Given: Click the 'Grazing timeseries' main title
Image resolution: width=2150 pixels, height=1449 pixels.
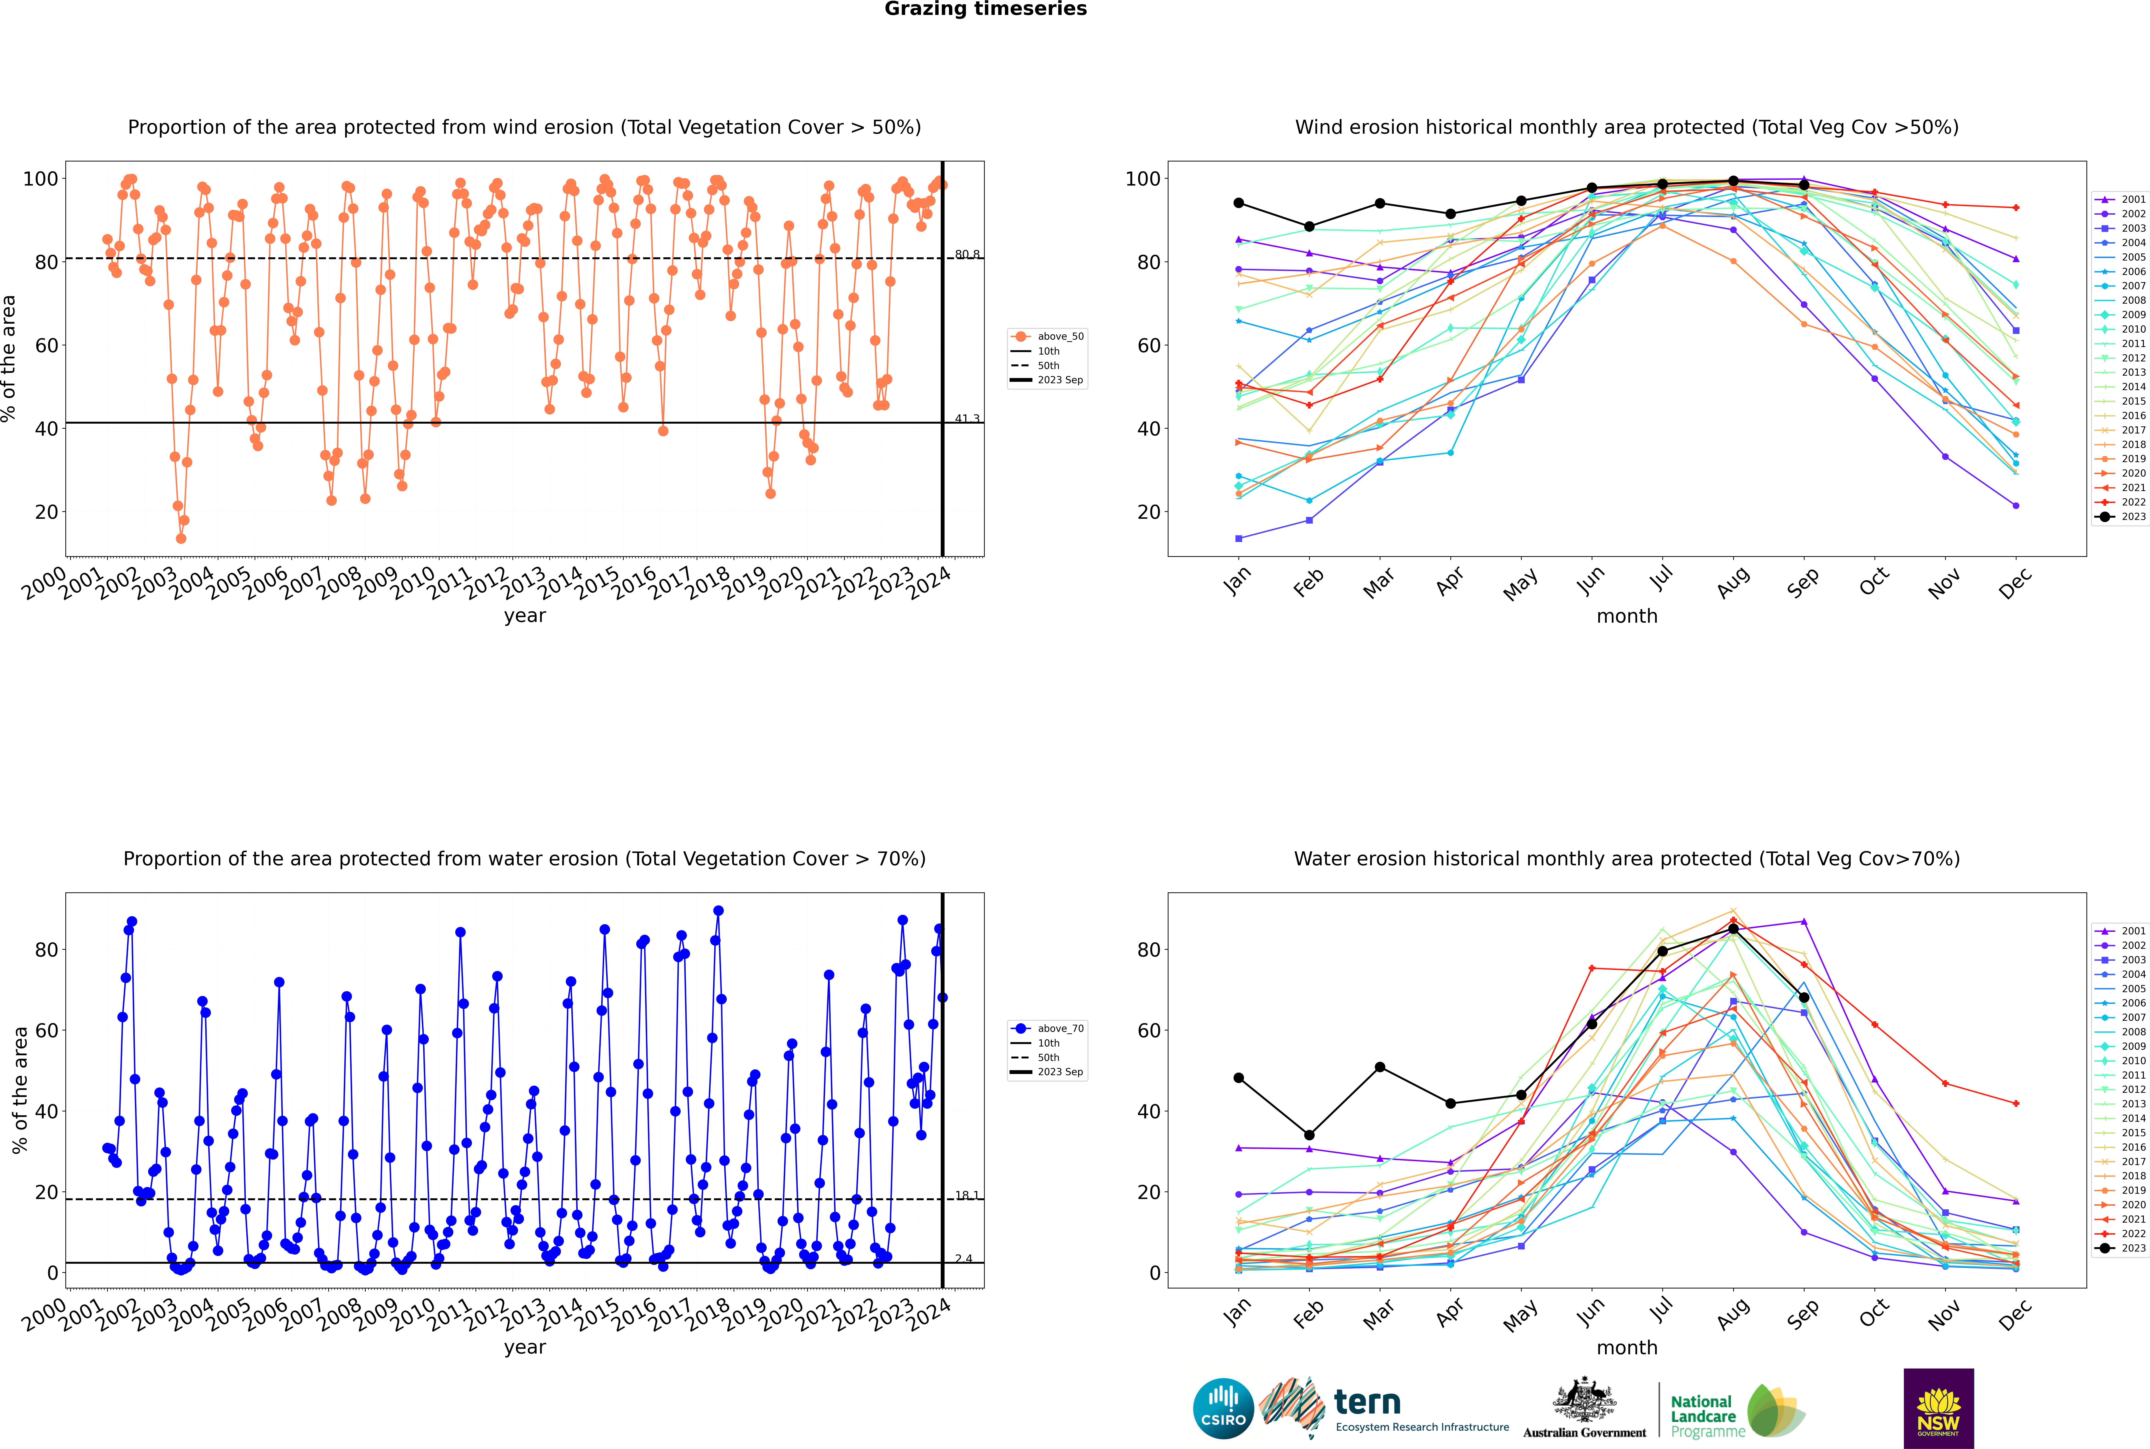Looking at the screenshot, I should tap(985, 9).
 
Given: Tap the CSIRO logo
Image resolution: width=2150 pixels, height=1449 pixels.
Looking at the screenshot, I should tap(1223, 1408).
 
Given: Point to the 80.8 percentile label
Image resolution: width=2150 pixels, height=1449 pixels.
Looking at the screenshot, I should tap(967, 254).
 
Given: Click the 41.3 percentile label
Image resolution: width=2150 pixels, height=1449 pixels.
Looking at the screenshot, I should tap(967, 419).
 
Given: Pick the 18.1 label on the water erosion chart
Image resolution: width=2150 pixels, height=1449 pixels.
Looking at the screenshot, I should tap(967, 1195).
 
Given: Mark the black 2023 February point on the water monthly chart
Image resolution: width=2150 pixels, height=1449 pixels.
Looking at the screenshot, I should tap(1309, 1135).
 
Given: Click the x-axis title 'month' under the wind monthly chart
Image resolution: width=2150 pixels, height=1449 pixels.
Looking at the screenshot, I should tap(1627, 616).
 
